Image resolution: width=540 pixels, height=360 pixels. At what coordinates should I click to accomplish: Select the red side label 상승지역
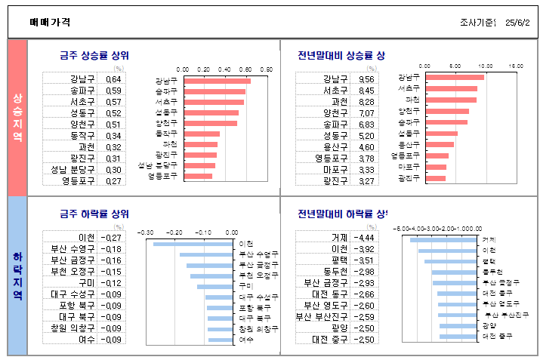tap(17, 117)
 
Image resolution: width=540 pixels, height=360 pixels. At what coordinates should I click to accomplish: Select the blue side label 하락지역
tap(17, 275)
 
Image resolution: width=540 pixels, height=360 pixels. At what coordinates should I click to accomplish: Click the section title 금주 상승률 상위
tap(94, 55)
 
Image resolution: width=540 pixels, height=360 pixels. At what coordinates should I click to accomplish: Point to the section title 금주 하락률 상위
tap(94, 214)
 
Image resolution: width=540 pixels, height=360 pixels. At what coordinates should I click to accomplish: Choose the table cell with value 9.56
tap(366, 79)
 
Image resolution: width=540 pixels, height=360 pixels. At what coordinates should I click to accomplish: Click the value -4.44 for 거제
tap(364, 238)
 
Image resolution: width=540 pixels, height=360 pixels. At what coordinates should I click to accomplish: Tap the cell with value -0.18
tap(112, 249)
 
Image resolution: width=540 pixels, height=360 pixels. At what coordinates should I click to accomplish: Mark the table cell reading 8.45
tap(366, 91)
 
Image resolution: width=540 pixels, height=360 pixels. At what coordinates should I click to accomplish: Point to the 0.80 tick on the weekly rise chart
tap(267, 69)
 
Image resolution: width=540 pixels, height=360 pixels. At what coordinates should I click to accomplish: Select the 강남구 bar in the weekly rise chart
tap(217, 81)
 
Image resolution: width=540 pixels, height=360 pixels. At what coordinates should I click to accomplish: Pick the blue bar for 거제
tap(445, 240)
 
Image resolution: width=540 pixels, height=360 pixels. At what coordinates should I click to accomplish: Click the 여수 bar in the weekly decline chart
tap(222, 340)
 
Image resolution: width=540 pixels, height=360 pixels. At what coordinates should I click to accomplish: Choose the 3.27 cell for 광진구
tap(366, 181)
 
